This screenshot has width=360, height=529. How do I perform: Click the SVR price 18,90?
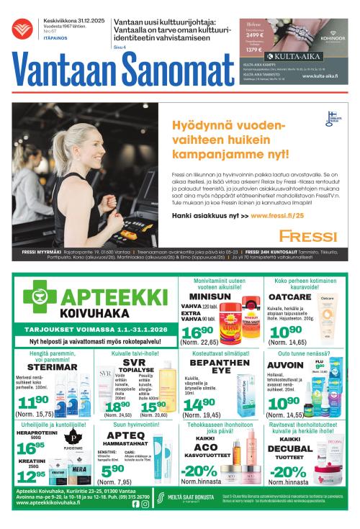(117, 407)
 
